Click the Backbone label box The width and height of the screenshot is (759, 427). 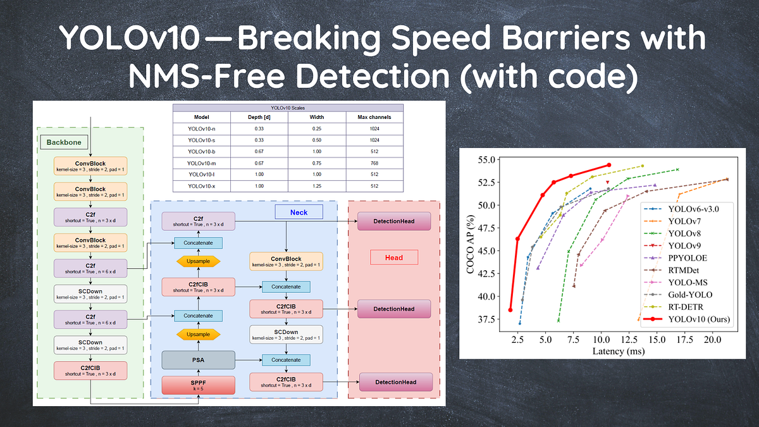click(64, 142)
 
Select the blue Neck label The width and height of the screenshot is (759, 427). click(299, 213)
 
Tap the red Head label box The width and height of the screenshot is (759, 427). click(393, 257)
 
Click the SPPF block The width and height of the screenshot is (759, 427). click(199, 384)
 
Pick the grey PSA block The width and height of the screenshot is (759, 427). click(199, 360)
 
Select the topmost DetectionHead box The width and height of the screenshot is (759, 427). click(393, 221)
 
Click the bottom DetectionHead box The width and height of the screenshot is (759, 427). click(396, 382)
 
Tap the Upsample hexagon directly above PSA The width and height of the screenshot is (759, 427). click(199, 333)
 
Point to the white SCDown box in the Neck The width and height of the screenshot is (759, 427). click(286, 335)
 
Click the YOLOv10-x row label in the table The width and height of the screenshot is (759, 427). click(202, 186)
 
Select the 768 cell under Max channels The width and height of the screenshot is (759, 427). click(374, 163)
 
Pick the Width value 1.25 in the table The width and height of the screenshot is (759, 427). click(317, 186)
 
